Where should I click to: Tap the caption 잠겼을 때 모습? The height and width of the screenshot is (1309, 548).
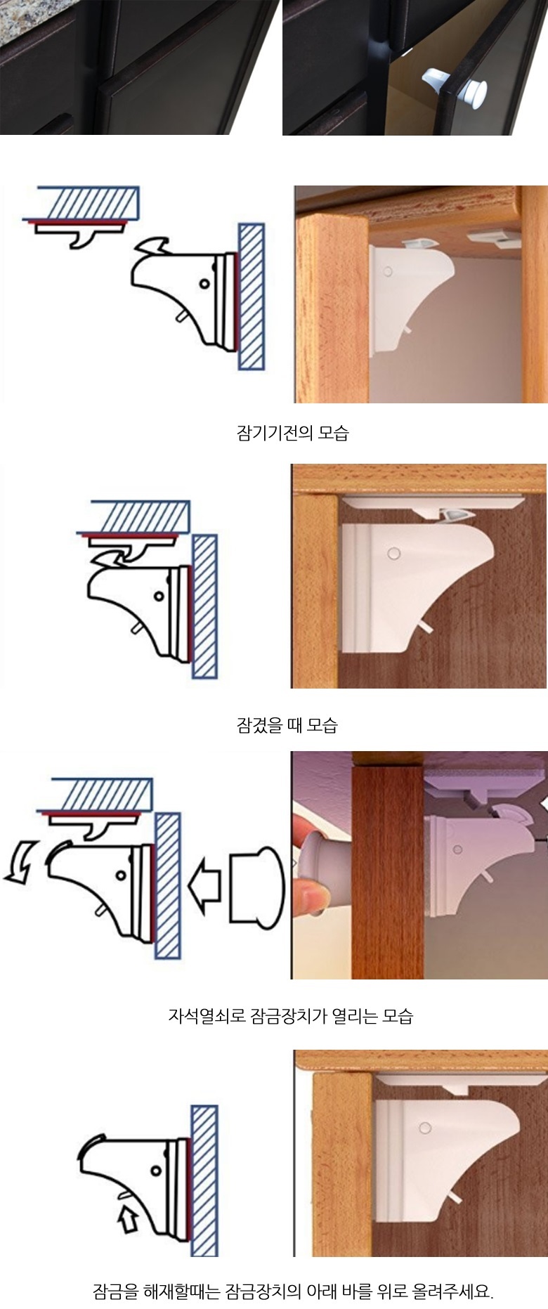click(287, 724)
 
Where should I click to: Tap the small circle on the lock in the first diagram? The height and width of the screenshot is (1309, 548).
click(204, 285)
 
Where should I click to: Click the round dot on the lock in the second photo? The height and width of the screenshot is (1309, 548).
click(393, 554)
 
